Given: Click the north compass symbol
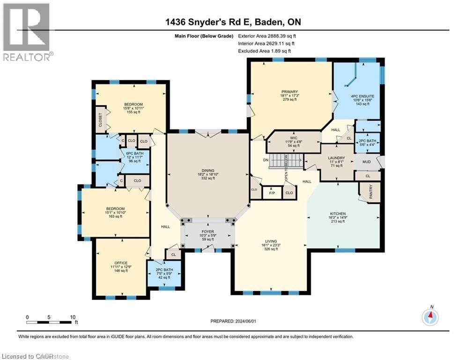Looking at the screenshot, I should pos(430,317).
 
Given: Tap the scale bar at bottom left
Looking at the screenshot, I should pos(51,322).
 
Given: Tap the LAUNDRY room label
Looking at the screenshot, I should pos(336,158).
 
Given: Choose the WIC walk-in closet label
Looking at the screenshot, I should pos(294,138).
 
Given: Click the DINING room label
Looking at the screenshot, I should pos(208,170).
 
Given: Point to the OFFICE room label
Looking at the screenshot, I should pos(121,263).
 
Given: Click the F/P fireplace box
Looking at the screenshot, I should pos(271,192).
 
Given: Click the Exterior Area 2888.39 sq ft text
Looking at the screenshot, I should pos(267,36).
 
